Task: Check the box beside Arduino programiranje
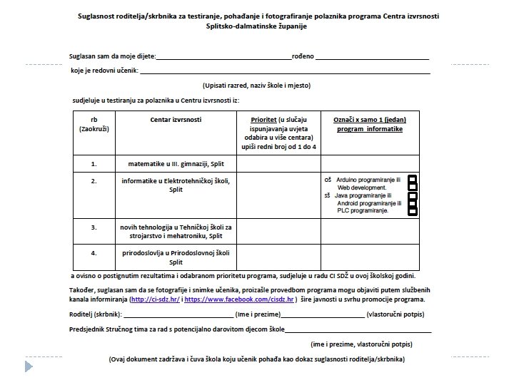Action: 412,179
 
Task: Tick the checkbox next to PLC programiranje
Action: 412,210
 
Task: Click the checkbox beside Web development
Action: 412,188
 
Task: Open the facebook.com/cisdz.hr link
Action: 239,301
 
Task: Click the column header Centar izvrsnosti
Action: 176,120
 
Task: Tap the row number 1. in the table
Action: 94,163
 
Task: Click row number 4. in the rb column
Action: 94,252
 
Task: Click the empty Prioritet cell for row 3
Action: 278,231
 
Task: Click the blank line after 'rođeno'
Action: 371,56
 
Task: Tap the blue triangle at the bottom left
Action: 29,366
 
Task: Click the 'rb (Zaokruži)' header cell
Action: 94,125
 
